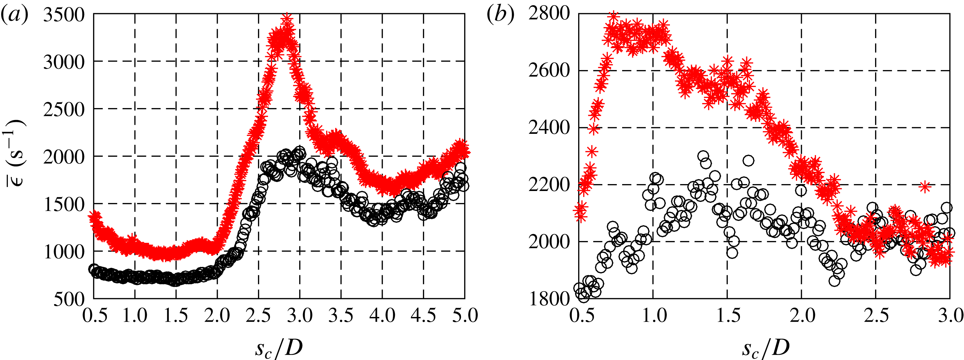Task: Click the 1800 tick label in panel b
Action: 549,299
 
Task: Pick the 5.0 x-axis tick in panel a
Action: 465,315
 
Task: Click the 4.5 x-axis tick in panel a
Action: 423,315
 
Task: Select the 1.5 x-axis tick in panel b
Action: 727,315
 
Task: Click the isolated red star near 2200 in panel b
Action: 925,186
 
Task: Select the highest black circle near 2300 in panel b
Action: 703,156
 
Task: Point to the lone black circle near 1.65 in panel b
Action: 748,161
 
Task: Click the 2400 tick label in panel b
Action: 549,128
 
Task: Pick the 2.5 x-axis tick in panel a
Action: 258,315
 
